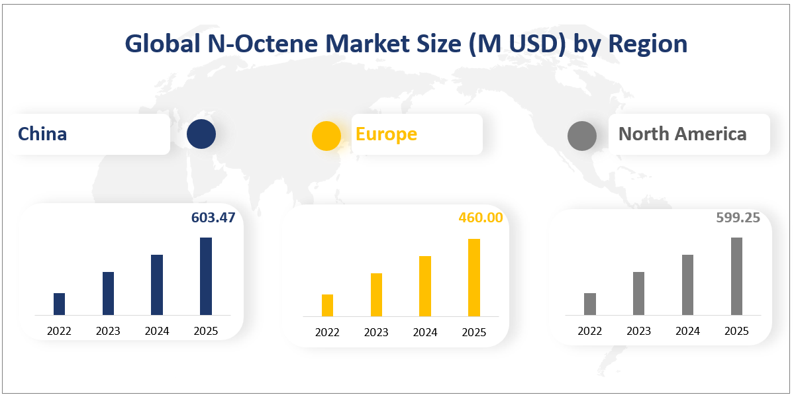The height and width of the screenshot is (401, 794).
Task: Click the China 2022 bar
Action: pos(59,304)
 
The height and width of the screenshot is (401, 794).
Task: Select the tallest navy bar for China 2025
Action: pos(205,276)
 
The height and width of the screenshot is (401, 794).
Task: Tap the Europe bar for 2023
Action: pos(376,295)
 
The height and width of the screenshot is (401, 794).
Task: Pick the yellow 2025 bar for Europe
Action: pos(474,278)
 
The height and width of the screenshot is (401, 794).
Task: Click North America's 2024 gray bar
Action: pos(687,285)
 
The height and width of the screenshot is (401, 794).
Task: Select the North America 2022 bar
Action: pos(590,304)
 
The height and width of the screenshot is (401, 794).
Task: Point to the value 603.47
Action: pos(213,218)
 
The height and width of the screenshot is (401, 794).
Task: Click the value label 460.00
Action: pos(481,218)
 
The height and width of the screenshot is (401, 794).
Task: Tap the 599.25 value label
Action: pos(738,218)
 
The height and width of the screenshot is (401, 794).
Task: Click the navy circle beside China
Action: pos(201,134)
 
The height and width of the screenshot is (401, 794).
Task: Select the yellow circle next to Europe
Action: pos(326,136)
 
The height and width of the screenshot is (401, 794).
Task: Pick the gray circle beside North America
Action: pos(582,136)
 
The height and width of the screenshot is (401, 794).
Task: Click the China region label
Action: pos(42,134)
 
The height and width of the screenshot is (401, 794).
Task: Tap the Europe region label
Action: pos(386,134)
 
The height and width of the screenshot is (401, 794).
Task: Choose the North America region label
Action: pos(683,134)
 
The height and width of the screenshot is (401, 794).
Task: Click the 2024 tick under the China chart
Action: pos(157,332)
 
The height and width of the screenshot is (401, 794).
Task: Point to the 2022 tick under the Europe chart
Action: pos(327,333)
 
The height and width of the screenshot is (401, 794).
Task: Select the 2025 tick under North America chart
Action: pos(736,332)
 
